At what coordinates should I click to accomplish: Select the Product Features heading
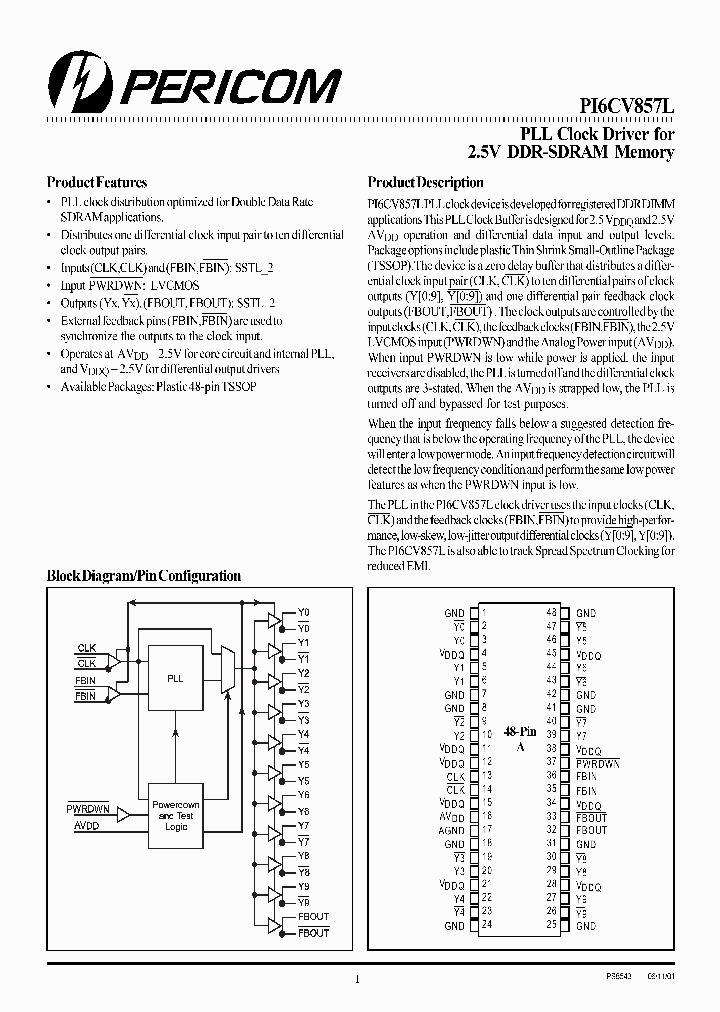97,183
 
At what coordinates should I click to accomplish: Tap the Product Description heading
425,183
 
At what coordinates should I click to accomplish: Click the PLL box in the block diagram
175,678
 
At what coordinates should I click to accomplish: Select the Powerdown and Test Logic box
175,816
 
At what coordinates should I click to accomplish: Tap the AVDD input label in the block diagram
87,826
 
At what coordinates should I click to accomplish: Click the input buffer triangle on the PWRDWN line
125,816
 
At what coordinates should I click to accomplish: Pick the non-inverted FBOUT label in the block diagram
313,917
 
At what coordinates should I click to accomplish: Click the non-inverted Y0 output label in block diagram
304,612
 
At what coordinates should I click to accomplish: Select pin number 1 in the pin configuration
484,612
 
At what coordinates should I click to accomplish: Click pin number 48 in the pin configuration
551,612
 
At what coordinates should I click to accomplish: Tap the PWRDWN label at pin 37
598,763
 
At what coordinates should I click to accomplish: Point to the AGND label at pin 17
453,830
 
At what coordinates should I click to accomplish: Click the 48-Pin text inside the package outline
519,732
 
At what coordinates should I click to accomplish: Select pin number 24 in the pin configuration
487,926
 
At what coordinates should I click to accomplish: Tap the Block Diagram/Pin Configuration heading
144,576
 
